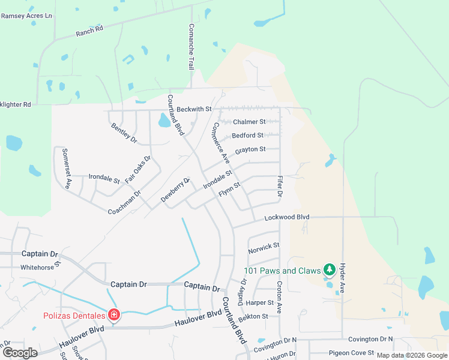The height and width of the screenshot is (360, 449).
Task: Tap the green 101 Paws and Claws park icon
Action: [328, 270]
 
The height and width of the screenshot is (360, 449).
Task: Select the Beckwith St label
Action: [194, 109]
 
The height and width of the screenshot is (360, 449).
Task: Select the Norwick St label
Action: [264, 246]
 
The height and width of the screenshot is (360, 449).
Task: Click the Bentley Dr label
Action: [124, 132]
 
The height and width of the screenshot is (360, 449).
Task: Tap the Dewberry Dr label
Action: [175, 190]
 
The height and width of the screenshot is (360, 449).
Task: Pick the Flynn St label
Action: [229, 191]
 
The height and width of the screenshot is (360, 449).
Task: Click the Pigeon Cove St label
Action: [351, 353]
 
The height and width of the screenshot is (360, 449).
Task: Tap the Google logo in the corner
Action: [20, 353]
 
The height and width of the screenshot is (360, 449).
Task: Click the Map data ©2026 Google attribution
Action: [412, 355]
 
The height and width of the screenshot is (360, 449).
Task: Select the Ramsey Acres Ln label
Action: [26, 16]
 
